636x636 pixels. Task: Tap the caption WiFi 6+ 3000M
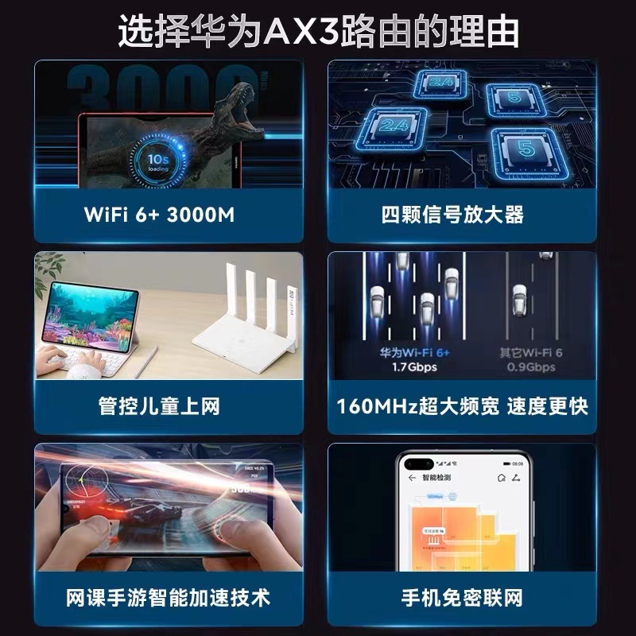point(159,215)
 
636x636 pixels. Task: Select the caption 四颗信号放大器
point(463,215)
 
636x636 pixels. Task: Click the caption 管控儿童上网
point(159,407)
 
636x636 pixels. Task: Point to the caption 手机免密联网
point(463,598)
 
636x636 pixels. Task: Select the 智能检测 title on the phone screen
point(435,479)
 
